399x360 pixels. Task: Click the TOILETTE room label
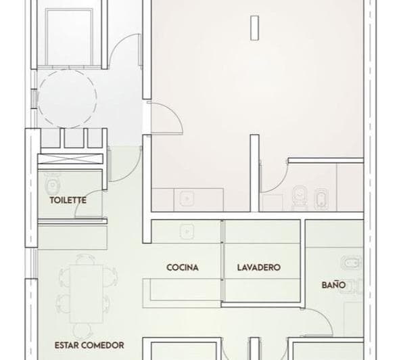click(x=67, y=200)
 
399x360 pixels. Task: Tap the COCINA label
click(x=183, y=267)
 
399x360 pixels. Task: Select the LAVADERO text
click(x=258, y=267)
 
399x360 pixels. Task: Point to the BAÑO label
click(x=333, y=285)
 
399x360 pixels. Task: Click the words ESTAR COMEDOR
click(x=89, y=345)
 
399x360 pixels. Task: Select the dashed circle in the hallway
click(x=63, y=99)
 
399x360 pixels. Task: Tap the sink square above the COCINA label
click(x=186, y=230)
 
